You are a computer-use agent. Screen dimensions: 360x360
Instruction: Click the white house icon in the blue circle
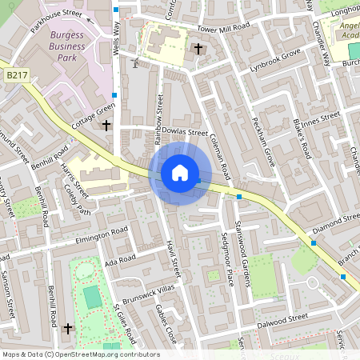pos(180,173)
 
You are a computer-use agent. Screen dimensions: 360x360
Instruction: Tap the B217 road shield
pos(17,74)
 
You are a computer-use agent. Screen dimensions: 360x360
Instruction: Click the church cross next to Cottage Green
pos(106,125)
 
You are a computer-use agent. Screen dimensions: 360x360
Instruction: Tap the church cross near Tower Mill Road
pos(198,49)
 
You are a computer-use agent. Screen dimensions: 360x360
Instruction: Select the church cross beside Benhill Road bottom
pos(68,328)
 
